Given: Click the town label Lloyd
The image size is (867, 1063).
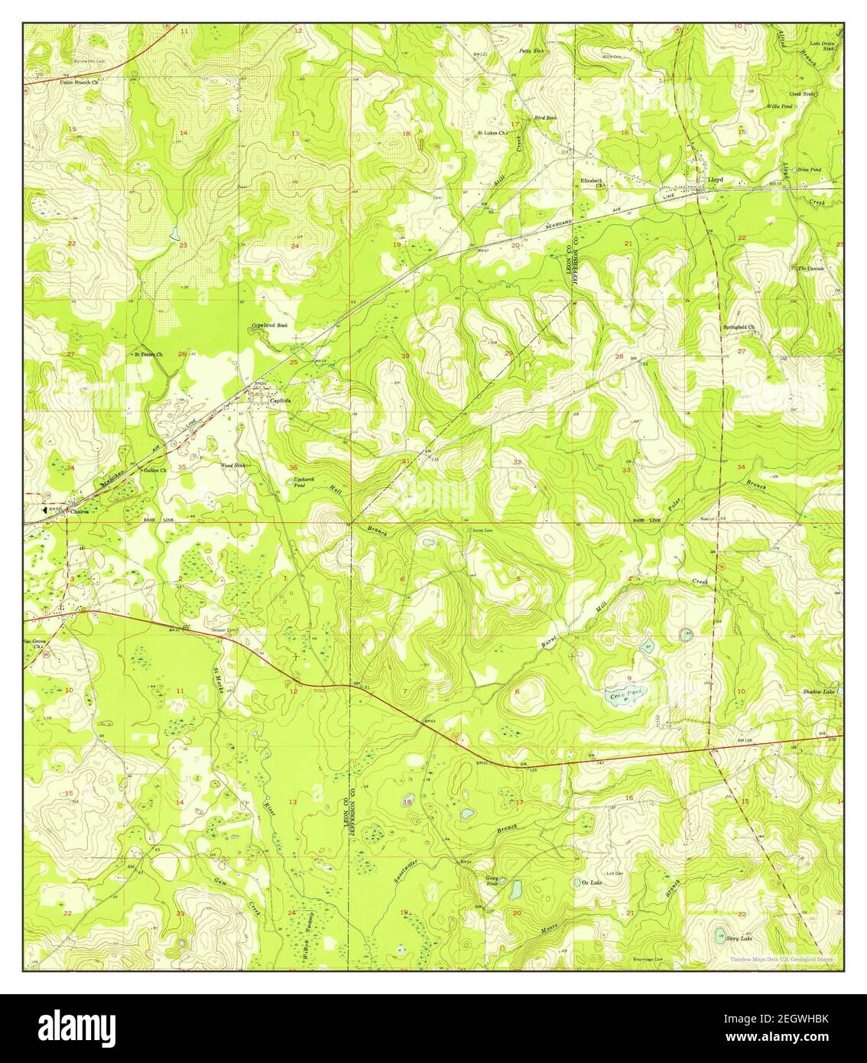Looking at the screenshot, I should tap(715, 180).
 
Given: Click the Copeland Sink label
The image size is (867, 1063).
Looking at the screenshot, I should tap(269, 327).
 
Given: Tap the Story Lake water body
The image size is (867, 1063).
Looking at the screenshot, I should tap(719, 934).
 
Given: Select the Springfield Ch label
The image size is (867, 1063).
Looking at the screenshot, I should tap(739, 327).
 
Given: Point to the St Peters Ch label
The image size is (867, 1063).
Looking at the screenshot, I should tap(148, 355).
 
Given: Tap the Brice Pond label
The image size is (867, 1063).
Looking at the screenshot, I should tap(809, 169).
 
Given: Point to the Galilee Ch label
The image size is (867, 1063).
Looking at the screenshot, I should tap(155, 472).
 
